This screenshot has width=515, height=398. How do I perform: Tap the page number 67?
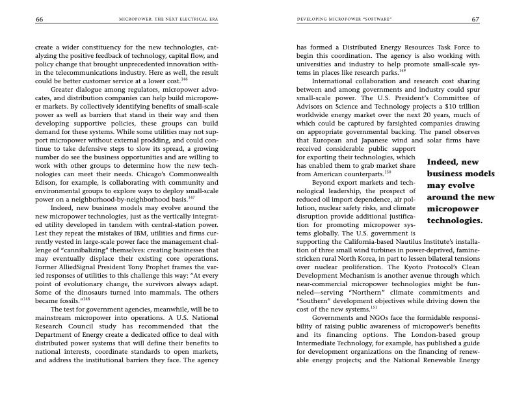coord(475,20)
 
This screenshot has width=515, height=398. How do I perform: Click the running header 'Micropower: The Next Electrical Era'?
coord(167,20)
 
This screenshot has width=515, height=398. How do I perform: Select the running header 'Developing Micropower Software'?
coord(343,20)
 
